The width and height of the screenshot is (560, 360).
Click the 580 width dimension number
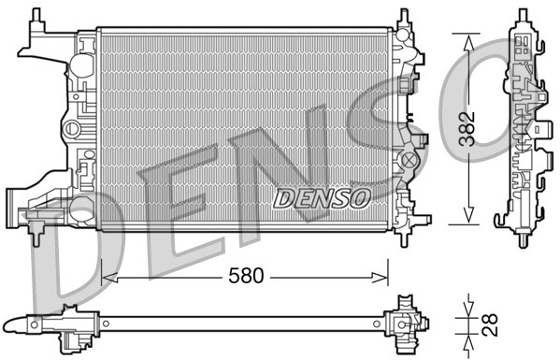(x=244, y=276)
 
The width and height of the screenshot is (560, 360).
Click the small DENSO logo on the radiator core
(x=322, y=197)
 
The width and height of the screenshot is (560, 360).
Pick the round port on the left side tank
(x=71, y=127)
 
